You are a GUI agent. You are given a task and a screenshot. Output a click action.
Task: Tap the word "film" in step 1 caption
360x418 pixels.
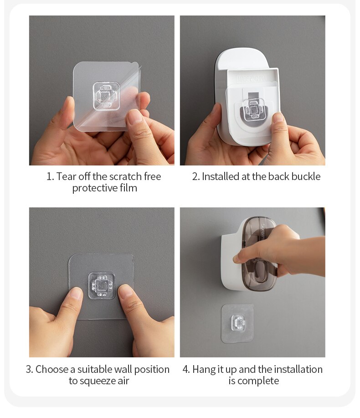128,188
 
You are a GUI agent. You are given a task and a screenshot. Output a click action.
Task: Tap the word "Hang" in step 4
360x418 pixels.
204,369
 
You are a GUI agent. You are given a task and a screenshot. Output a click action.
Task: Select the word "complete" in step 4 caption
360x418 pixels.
260,381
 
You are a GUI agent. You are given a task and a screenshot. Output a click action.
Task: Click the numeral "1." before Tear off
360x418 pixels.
50,176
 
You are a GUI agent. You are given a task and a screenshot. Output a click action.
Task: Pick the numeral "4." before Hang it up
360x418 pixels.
186,369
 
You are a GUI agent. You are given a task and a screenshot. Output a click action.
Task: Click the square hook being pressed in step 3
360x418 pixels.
102,286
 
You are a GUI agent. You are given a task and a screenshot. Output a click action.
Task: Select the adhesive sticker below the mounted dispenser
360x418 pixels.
237,323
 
